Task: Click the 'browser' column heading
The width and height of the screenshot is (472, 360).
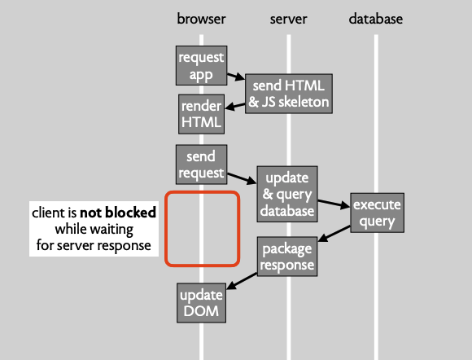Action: click(201, 19)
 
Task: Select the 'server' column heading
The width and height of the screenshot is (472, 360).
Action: click(288, 19)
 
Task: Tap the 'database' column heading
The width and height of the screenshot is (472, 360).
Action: click(376, 19)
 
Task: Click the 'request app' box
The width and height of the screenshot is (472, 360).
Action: click(201, 65)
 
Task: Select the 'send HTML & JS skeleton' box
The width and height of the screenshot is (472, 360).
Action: click(289, 94)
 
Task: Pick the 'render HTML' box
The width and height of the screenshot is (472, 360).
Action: click(201, 114)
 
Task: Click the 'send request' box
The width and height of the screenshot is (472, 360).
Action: click(201, 165)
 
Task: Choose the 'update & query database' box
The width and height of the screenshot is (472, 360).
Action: click(287, 194)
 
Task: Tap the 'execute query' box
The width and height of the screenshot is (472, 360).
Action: click(377, 213)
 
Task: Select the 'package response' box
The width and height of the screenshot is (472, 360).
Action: click(287, 257)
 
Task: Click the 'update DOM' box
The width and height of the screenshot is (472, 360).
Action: click(201, 303)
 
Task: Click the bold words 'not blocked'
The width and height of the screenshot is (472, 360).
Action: click(118, 213)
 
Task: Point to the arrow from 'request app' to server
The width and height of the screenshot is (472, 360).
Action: click(236, 77)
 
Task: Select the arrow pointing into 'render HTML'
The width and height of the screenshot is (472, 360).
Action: click(235, 106)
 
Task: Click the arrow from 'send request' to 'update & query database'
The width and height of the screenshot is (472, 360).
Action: click(242, 178)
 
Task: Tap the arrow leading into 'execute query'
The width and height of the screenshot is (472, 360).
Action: click(334, 204)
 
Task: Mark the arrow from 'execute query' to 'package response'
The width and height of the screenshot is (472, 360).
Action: click(334, 234)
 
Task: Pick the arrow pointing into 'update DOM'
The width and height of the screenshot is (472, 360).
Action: click(242, 281)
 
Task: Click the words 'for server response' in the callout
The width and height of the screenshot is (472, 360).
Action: click(94, 245)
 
